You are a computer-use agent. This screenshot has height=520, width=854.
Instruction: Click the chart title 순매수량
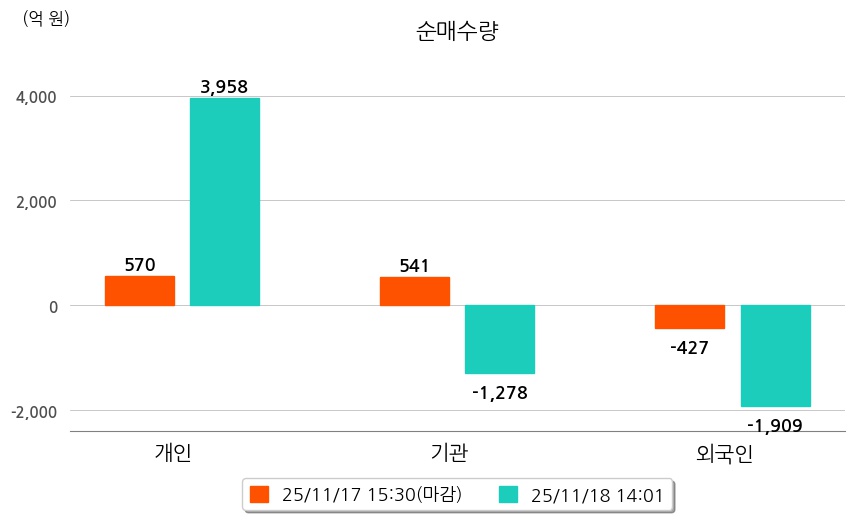pyautogui.click(x=456, y=32)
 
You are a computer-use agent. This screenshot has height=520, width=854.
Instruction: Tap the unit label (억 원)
pyautogui.click(x=46, y=18)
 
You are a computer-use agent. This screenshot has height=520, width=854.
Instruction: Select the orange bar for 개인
pyautogui.click(x=140, y=291)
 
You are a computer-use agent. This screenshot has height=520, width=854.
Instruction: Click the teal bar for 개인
pyautogui.click(x=225, y=202)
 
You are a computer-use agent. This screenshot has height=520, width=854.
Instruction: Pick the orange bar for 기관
pyautogui.click(x=415, y=291)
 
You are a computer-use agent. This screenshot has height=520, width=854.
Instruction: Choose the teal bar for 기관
pyautogui.click(x=500, y=339)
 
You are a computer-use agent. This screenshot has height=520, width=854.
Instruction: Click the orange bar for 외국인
pyautogui.click(x=690, y=316)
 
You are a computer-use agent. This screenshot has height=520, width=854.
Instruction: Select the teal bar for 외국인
pyautogui.click(x=776, y=356)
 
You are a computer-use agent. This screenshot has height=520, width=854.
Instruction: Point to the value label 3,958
pyautogui.click(x=224, y=87)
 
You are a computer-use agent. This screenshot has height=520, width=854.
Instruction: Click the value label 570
pyautogui.click(x=140, y=265)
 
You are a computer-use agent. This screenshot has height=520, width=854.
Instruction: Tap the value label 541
pyautogui.click(x=414, y=266)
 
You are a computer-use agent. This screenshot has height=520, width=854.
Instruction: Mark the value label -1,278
pyautogui.click(x=499, y=392)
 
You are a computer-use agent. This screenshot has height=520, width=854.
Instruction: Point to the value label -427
pyautogui.click(x=690, y=348)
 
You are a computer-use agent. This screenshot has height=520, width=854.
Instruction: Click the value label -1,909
pyautogui.click(x=775, y=426)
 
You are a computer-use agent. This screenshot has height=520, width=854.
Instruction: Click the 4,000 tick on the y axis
pyautogui.click(x=34, y=97)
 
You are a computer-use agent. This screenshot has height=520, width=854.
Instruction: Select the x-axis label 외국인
pyautogui.click(x=725, y=453)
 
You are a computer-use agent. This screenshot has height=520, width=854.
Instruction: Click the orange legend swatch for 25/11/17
pyautogui.click(x=260, y=494)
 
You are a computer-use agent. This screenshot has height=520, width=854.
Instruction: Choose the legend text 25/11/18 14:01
pyautogui.click(x=596, y=494)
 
